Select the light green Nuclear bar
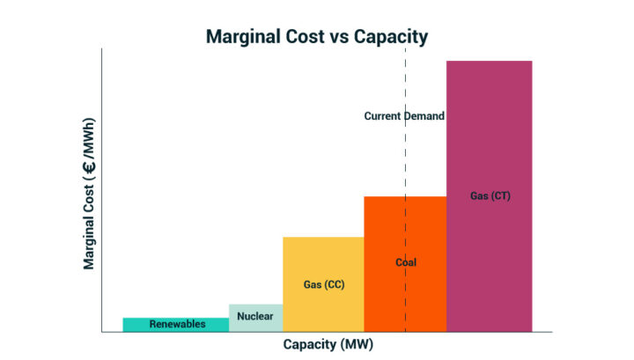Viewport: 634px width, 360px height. click(255, 324)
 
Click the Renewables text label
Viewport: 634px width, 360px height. click(177, 324)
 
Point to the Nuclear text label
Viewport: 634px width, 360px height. click(255, 315)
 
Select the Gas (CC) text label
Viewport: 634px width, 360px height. click(323, 284)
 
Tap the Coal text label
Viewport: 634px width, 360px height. click(405, 262)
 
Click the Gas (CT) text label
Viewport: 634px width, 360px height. click(490, 195)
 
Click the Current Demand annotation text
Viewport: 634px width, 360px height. click(404, 116)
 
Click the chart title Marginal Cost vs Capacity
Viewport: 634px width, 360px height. click(317, 37)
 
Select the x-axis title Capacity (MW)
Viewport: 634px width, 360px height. click(328, 344)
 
